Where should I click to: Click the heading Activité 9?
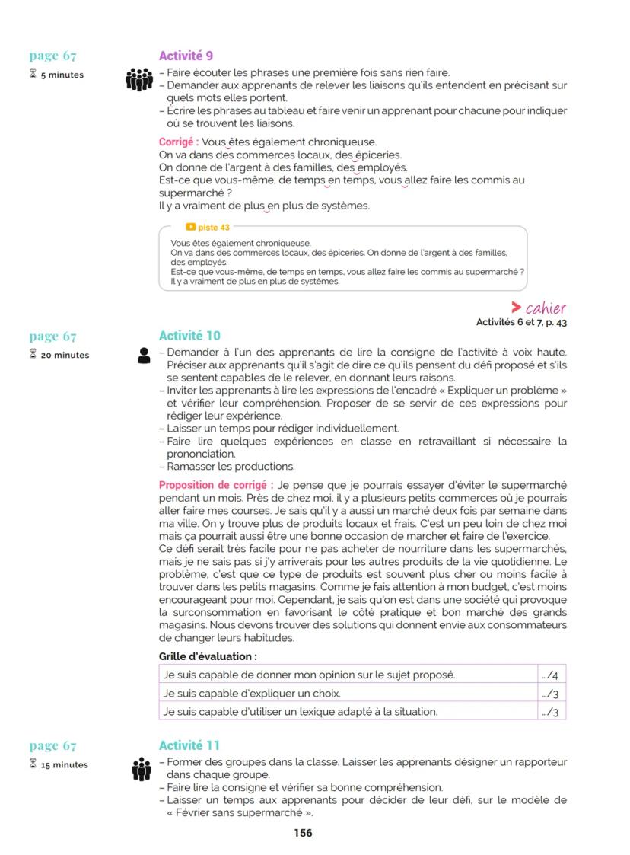point(186,56)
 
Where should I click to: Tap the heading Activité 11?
point(189,745)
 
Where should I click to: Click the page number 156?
point(303,833)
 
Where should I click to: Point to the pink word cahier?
point(546,308)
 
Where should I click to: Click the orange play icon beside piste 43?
point(191,227)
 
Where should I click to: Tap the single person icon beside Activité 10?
point(144,356)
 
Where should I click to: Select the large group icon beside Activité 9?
point(139,79)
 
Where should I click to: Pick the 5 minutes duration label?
point(62,75)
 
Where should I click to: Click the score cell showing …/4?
point(551,675)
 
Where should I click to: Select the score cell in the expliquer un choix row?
point(551,694)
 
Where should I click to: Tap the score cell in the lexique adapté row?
point(551,713)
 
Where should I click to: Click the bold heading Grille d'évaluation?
point(207,656)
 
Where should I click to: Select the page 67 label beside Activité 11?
point(53,746)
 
